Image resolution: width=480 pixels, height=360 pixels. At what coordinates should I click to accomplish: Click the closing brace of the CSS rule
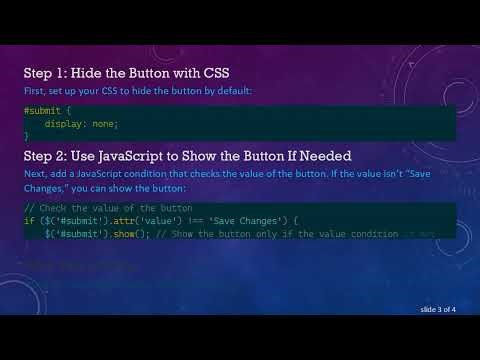(26, 134)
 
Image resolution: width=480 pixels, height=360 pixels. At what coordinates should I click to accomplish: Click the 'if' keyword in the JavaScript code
(27, 219)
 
